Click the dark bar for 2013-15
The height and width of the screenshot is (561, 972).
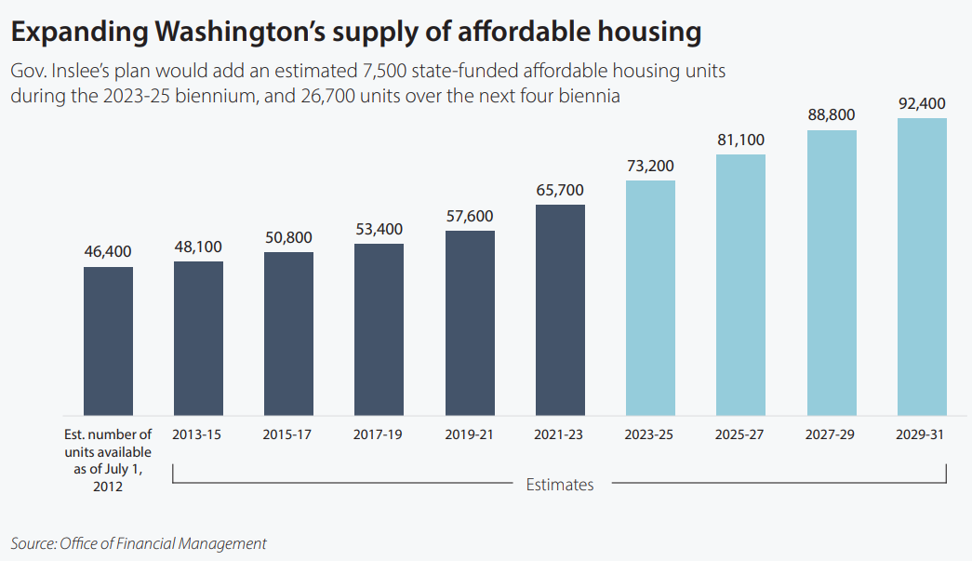pos(198,338)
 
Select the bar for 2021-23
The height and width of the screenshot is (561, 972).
pos(560,310)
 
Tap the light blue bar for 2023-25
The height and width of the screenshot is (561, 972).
pos(650,298)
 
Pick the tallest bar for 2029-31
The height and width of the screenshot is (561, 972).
pos(922,266)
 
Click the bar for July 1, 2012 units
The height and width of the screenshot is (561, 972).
pos(108,341)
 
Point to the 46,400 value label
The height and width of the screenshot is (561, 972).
pos(108,251)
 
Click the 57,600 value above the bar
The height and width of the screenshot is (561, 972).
pos(470,216)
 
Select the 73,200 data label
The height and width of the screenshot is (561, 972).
pos(650,166)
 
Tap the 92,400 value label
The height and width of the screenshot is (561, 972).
pos(922,103)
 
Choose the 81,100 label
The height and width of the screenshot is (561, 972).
pos(740,140)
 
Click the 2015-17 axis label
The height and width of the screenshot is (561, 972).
pos(288,434)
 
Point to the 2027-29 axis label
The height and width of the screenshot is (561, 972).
pos(832,434)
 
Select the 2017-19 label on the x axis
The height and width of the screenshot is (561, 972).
pos(379,434)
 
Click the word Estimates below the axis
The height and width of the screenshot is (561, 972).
pos(560,484)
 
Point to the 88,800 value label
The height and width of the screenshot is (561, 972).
pos(832,114)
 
